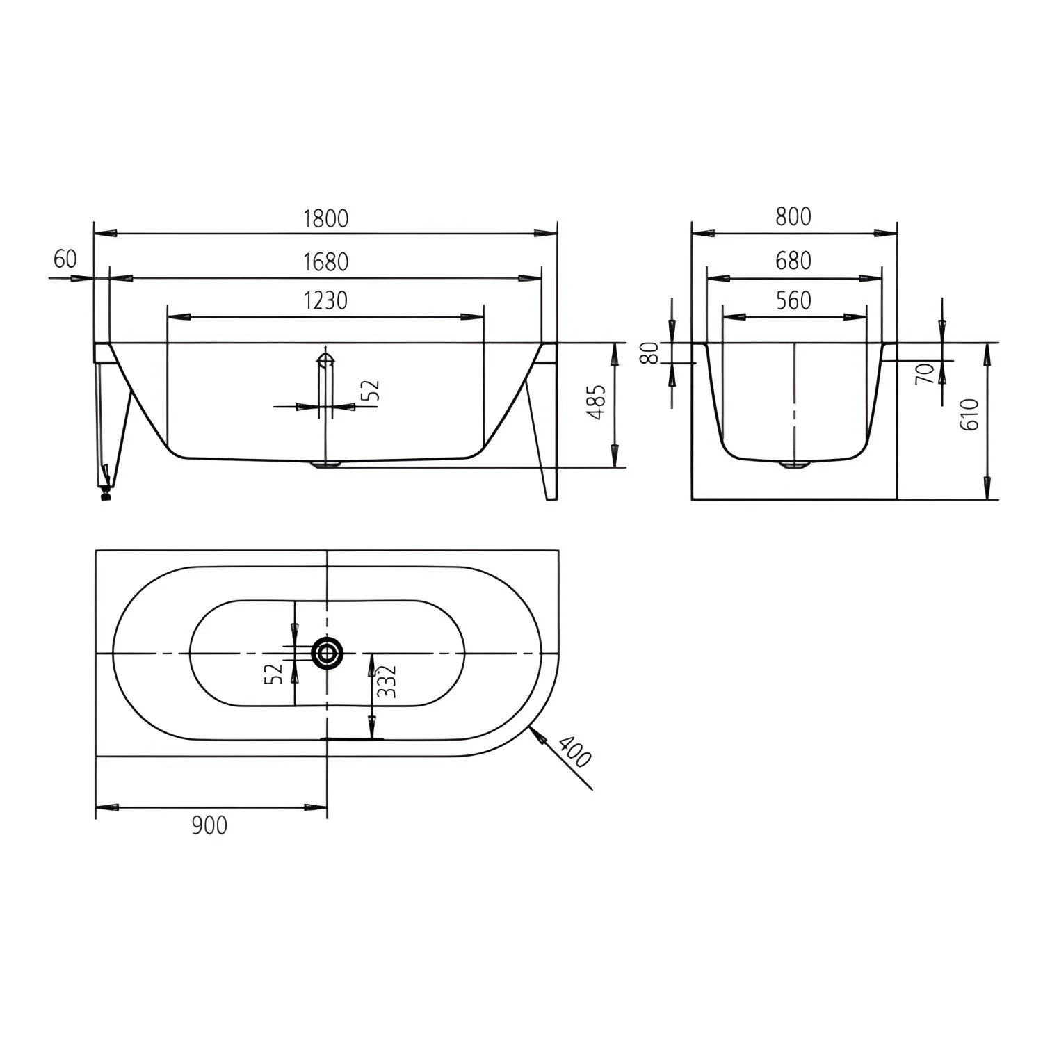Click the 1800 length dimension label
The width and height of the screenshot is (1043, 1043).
tap(325, 218)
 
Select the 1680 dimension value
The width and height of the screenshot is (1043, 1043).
tap(325, 262)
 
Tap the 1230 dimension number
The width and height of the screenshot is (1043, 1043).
tap(325, 300)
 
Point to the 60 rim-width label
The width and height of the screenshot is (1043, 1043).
tap(65, 259)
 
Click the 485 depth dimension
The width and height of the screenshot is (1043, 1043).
tap(597, 404)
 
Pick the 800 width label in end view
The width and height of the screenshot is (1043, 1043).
tap(793, 217)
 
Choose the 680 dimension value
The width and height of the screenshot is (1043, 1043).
tap(793, 261)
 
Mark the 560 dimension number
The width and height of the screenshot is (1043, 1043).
tap(793, 300)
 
